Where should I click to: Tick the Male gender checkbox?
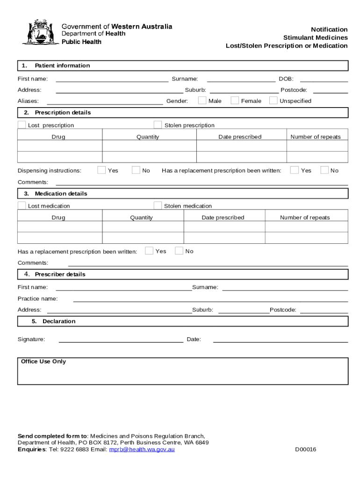click(x=202, y=100)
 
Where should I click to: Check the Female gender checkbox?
click(x=235, y=100)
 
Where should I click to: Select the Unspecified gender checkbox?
click(x=273, y=100)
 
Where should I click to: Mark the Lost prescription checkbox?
click(x=22, y=124)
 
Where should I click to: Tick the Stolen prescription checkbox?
click(x=158, y=124)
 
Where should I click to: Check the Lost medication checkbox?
click(x=22, y=205)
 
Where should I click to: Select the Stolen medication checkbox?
click(x=158, y=205)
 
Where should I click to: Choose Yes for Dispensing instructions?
click(x=101, y=170)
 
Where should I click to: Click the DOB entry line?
click(x=324, y=80)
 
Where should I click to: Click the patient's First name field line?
click(x=112, y=80)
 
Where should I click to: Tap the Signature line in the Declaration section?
click(x=121, y=341)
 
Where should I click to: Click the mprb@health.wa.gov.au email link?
click(x=142, y=450)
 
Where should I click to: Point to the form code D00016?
click(x=305, y=450)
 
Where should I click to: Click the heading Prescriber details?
click(x=60, y=274)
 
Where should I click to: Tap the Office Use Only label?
click(x=43, y=362)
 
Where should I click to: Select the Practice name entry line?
click(x=210, y=300)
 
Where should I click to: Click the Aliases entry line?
click(x=105, y=102)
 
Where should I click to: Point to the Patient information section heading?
click(x=62, y=65)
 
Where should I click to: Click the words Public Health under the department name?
click(x=81, y=42)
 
